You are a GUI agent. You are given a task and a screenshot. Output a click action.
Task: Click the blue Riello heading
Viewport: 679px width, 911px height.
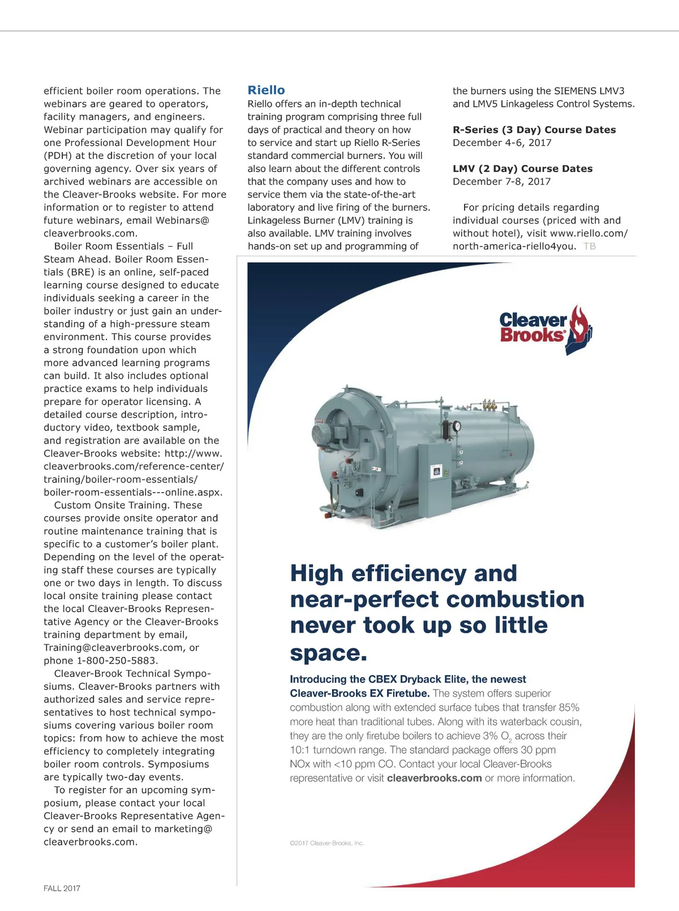pyautogui.click(x=266, y=90)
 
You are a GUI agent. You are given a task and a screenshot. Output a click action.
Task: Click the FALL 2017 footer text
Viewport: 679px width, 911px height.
pyautogui.click(x=62, y=888)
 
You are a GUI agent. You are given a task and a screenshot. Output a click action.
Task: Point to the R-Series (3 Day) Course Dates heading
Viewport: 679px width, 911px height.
pyautogui.click(x=534, y=130)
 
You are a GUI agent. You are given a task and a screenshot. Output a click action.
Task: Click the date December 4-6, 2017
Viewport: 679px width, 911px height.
pyautogui.click(x=501, y=143)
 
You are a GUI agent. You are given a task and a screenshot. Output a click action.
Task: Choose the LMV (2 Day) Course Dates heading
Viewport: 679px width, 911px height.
pyautogui.click(x=522, y=169)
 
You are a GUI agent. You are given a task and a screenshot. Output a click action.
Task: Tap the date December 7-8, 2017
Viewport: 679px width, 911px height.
pyautogui.click(x=501, y=182)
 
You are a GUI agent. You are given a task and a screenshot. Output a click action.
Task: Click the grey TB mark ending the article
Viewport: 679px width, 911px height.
pyautogui.click(x=589, y=246)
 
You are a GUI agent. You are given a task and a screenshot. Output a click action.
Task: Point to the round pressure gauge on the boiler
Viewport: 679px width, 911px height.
pyautogui.click(x=457, y=426)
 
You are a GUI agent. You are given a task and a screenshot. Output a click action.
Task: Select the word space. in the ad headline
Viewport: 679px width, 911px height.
pyautogui.click(x=328, y=652)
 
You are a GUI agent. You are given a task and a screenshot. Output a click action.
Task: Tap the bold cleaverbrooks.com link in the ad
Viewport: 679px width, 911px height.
pyautogui.click(x=434, y=778)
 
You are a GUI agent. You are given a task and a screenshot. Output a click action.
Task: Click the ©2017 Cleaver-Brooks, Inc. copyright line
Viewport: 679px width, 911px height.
pyautogui.click(x=326, y=843)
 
